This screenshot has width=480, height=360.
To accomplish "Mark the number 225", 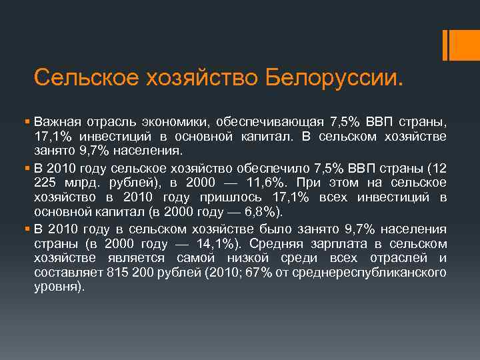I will pos(46,182).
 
